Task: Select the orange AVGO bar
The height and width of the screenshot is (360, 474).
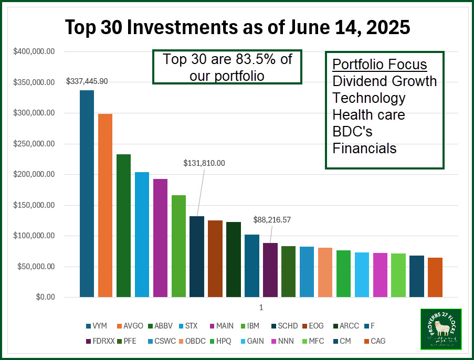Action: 105,205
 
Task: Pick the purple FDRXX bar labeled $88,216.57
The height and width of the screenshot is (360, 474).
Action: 270,270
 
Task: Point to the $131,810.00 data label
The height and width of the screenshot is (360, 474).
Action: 204,163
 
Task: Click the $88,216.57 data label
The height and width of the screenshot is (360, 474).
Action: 272,220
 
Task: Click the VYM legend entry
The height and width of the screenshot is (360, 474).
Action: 98,326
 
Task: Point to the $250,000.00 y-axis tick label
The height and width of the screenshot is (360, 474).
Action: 35,144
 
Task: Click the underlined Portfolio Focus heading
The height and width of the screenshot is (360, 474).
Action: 380,65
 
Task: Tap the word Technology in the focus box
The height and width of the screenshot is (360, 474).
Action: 369,98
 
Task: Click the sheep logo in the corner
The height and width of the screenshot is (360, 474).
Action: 440,329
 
